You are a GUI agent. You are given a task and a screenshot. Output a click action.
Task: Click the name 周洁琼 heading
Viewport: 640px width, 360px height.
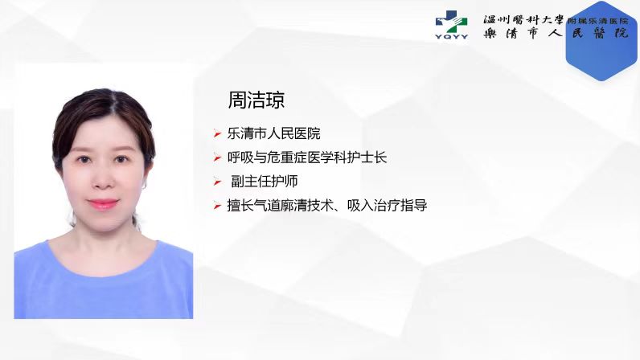256,100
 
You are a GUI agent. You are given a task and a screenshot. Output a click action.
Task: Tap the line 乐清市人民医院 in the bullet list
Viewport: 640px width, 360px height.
273,133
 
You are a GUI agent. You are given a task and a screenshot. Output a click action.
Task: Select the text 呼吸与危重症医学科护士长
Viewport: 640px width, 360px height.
307,157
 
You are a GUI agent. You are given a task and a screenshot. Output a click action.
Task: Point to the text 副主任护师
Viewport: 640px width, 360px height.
265,182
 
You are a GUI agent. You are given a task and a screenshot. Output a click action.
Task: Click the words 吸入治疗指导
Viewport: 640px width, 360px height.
387,205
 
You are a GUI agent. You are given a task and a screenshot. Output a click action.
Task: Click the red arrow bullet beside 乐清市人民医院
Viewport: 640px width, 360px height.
217,133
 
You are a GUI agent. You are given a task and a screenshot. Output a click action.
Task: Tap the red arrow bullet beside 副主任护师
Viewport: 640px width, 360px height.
217,182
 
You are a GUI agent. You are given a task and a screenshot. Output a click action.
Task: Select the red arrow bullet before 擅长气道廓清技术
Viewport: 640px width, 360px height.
217,206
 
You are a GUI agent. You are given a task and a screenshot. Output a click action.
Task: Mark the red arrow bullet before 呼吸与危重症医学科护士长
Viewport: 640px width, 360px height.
217,157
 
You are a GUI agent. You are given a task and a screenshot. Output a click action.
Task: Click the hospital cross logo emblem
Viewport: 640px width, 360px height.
451,22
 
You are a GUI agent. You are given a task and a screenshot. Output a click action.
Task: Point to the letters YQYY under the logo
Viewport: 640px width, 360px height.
451,37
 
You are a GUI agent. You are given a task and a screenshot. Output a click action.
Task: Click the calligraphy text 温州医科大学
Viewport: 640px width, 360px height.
523,19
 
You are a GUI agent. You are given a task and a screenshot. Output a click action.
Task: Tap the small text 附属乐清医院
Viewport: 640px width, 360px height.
597,21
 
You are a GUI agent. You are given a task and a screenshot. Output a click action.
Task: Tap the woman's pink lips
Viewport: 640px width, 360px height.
103,203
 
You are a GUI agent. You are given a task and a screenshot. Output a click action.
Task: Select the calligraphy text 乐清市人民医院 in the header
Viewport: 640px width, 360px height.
556,33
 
